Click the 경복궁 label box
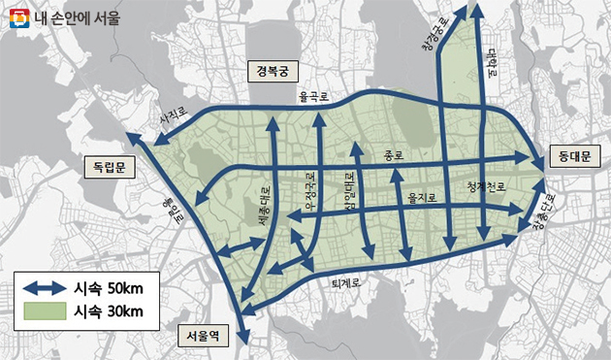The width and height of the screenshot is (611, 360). [x=273, y=71]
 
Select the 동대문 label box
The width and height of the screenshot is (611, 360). [x=574, y=155]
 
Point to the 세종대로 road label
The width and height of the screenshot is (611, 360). [x=266, y=206]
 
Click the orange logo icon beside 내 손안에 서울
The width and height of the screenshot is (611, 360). [x=16, y=16]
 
